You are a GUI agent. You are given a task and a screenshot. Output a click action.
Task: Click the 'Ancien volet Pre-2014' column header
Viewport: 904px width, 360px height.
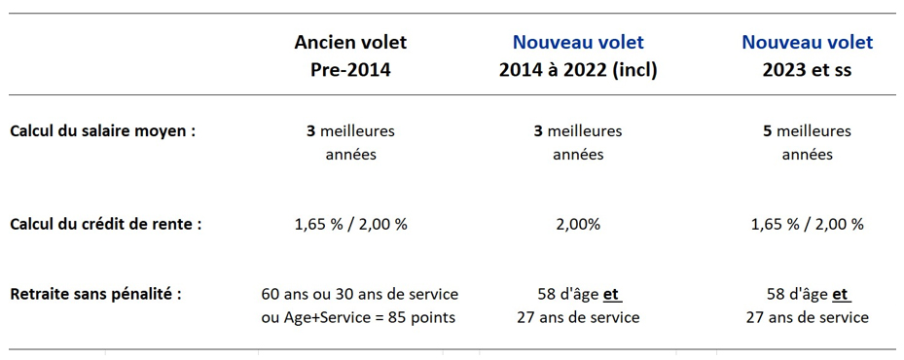click(350, 55)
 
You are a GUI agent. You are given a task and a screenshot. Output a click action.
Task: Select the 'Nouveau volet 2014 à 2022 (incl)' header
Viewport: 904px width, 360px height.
click(578, 55)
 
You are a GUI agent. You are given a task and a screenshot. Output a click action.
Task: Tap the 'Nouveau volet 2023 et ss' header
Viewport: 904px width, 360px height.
click(807, 55)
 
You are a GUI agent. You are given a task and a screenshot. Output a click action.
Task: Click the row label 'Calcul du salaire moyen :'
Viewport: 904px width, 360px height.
click(102, 131)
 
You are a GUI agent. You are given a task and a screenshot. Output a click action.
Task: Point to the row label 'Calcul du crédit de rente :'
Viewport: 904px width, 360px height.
click(106, 224)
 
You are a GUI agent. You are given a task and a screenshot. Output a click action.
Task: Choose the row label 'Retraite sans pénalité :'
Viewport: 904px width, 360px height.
click(95, 293)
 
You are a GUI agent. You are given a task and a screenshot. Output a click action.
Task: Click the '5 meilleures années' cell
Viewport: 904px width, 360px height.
click(807, 143)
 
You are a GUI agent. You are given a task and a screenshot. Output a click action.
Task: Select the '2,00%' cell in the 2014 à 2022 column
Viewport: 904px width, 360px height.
click(578, 224)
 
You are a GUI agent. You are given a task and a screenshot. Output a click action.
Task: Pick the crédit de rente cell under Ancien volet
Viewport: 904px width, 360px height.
click(350, 224)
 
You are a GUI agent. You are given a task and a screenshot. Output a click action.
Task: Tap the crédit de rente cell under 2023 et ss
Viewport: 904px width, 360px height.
click(807, 224)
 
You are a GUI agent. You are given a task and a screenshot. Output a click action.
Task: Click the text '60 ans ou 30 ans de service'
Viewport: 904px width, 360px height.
click(359, 293)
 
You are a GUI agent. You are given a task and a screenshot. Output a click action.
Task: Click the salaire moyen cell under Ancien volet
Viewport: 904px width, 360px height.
click(350, 143)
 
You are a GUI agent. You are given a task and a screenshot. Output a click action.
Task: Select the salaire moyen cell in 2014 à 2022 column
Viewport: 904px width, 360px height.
click(578, 143)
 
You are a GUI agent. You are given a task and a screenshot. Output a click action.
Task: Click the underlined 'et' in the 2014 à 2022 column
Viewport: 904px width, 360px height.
click(611, 293)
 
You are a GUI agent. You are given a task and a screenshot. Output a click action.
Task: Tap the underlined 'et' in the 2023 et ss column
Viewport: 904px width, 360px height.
click(840, 293)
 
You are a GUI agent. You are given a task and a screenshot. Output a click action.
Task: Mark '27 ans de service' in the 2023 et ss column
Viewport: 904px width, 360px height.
click(807, 317)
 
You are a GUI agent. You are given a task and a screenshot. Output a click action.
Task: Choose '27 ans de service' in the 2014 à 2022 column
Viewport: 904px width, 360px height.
click(578, 317)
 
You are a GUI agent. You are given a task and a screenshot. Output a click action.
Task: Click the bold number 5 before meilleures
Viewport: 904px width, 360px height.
click(768, 131)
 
